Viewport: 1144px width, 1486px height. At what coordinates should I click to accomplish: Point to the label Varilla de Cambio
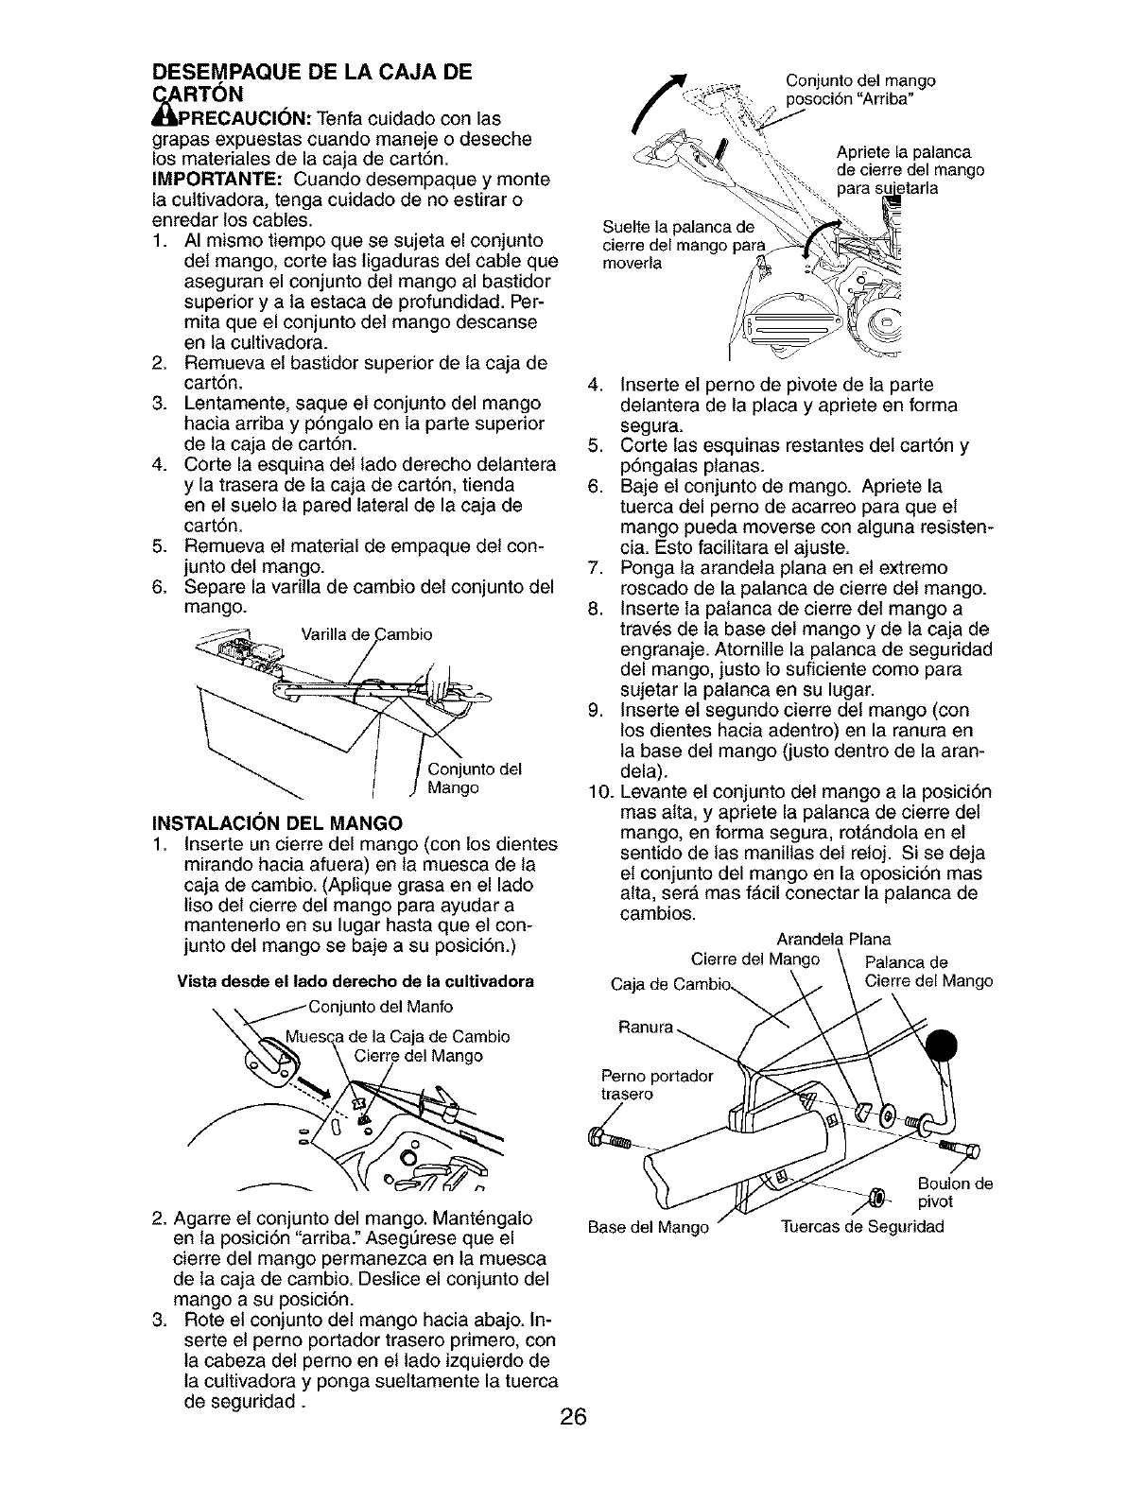click(x=365, y=634)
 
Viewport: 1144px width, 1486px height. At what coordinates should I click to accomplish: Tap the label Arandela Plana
click(x=832, y=940)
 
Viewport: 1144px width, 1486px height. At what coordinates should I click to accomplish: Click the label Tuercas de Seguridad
click(x=861, y=1227)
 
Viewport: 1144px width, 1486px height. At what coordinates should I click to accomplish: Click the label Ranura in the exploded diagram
click(x=646, y=1025)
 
